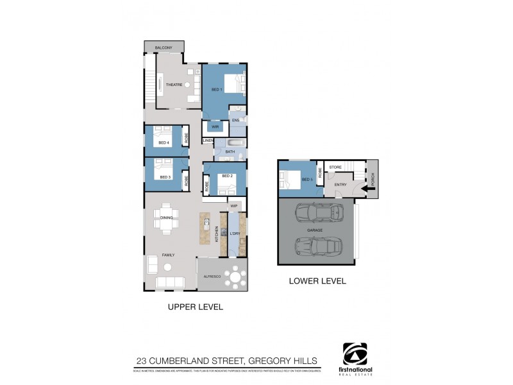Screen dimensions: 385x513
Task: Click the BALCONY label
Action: coord(164,47)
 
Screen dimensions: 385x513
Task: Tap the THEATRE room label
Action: coord(174,85)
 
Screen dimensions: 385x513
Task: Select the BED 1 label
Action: coord(217,89)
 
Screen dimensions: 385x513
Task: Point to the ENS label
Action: coord(235,121)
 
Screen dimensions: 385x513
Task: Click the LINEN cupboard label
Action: coord(208,141)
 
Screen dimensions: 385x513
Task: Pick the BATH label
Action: coord(230,151)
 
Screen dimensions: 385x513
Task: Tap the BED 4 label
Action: coord(163,143)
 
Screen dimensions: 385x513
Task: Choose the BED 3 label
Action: coord(164,177)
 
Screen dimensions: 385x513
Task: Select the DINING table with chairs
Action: coord(167,218)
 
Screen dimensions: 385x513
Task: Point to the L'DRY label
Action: coord(235,234)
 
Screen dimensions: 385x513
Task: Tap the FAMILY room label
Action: coord(168,255)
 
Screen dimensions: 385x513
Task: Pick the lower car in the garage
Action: coord(315,246)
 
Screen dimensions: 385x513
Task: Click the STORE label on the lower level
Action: coord(335,167)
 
